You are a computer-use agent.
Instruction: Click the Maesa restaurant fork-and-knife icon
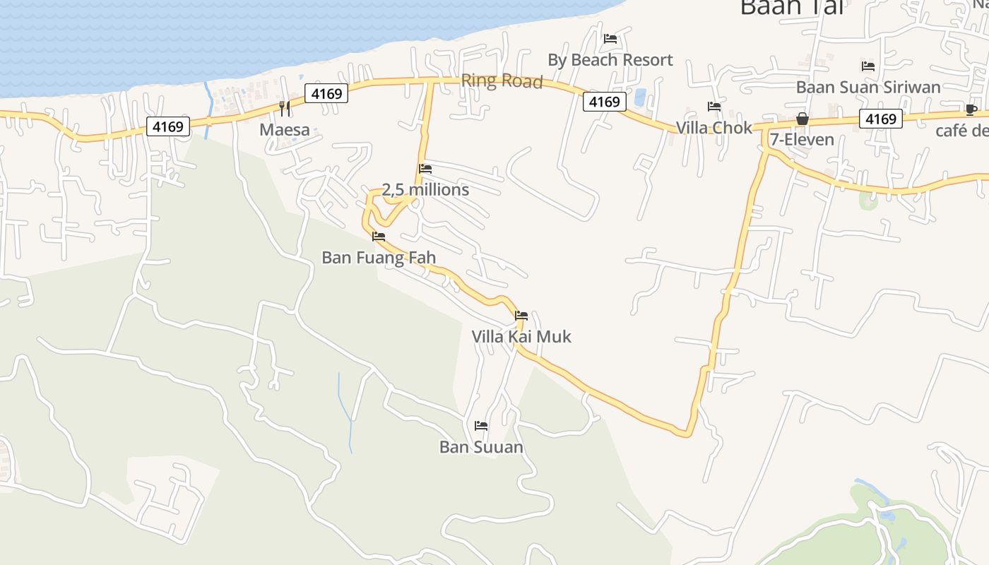[x=285, y=108]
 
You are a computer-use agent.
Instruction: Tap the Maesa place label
[x=285, y=129]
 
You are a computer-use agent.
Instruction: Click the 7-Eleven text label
[x=803, y=139]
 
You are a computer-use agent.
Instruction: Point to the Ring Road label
[x=502, y=81]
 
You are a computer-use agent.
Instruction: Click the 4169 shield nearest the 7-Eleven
[x=881, y=119]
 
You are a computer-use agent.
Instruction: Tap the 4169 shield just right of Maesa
[x=326, y=93]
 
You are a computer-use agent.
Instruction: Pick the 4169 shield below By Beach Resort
[x=605, y=102]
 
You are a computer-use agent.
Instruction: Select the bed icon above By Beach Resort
[x=610, y=39]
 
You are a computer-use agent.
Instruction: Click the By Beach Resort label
[x=610, y=60]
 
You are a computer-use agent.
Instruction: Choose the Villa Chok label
[x=714, y=128]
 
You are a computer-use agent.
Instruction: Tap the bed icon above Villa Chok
[x=714, y=107]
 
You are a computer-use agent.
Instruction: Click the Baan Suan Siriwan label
[x=868, y=87]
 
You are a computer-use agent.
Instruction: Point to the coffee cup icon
[x=971, y=109]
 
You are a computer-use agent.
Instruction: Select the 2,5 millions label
[x=425, y=190]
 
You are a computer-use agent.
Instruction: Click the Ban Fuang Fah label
[x=379, y=258]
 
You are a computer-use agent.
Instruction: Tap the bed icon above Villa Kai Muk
[x=521, y=315]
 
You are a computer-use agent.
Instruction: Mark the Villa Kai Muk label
[x=521, y=336]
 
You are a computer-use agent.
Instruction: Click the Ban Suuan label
[x=481, y=447]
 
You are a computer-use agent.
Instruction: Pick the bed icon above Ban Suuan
[x=481, y=425]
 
